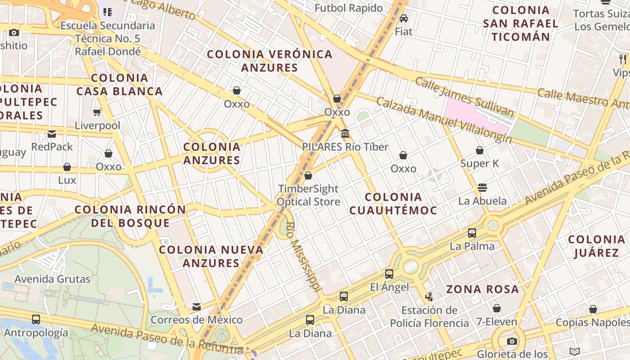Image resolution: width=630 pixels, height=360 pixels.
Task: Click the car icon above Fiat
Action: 404,18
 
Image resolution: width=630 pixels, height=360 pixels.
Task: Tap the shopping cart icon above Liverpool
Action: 97,112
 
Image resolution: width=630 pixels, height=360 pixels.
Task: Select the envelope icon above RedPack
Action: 52,134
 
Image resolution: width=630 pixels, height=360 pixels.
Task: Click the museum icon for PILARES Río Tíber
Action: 345,133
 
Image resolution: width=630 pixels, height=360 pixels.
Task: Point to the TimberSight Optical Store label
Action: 308,195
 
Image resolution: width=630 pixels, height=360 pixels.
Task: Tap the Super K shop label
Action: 480,163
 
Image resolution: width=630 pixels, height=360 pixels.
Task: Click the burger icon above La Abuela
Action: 482,187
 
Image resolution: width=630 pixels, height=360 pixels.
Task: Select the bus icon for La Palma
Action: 472,233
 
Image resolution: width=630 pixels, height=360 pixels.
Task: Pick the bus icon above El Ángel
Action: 389,274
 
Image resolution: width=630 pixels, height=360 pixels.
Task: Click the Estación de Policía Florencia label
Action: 429,316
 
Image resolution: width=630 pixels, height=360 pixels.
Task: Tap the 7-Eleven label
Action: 497,322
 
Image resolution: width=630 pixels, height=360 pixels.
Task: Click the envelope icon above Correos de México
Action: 197,307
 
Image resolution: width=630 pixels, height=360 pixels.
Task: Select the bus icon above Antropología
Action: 36,319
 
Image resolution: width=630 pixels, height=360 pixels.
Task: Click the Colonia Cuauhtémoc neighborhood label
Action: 393,203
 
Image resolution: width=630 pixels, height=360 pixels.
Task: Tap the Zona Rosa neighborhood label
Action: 482,289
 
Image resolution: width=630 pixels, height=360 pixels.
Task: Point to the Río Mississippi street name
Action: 304,256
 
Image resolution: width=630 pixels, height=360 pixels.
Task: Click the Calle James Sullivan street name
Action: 464,97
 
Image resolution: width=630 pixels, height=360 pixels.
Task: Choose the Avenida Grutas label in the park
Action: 53,279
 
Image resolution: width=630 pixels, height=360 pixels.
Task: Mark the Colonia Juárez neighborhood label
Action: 597,246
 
